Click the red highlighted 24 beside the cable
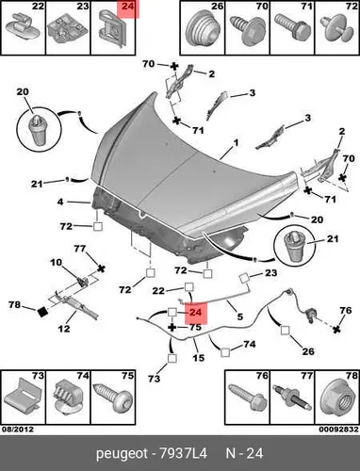196,313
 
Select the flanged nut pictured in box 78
336,398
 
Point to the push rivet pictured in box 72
335,30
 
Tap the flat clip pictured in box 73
23,397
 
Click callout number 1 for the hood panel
236,143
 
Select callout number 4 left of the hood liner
60,202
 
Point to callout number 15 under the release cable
198,357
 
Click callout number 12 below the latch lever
64,329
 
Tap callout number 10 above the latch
57,262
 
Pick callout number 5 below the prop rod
240,317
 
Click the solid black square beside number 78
42,312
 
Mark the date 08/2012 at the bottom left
18,429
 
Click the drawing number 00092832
339,429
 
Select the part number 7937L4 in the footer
184,453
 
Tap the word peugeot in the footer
122,454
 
